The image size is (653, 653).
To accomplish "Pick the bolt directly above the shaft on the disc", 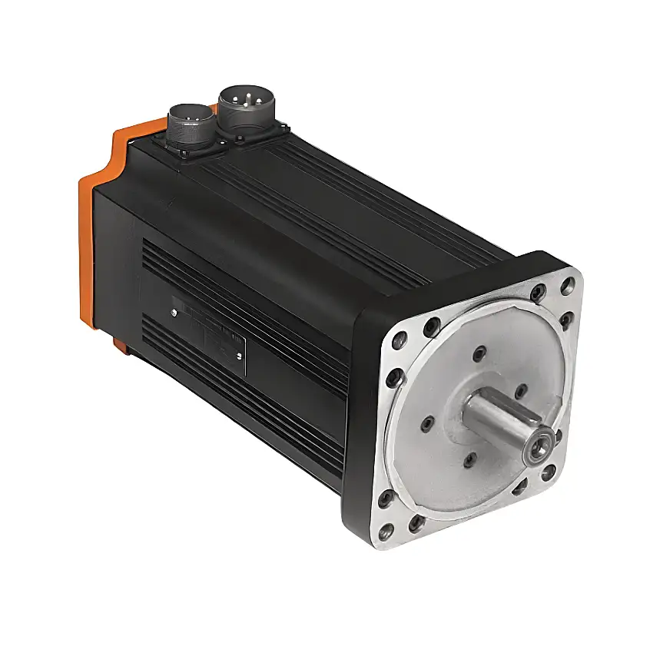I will (480, 354).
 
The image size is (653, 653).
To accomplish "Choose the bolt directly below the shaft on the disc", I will (471, 461).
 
